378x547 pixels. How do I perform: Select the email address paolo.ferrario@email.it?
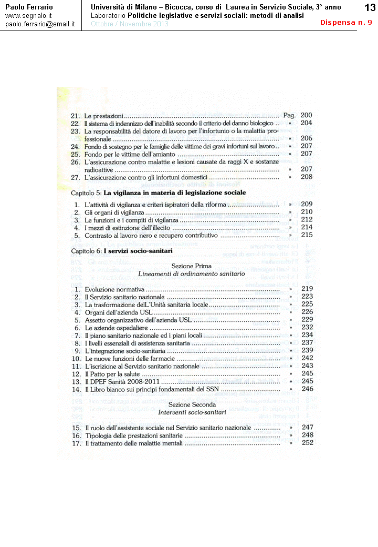pyautogui.click(x=40, y=24)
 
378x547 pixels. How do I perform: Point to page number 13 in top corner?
pyautogui.click(x=369, y=8)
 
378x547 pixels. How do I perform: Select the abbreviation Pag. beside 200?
pyautogui.click(x=289, y=115)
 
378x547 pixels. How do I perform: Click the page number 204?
pyautogui.click(x=307, y=123)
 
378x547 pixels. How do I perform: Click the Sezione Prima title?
pyautogui.click(x=191, y=266)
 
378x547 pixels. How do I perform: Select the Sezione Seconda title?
pyautogui.click(x=192, y=404)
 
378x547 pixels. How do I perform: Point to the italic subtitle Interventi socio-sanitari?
pyautogui.click(x=192, y=413)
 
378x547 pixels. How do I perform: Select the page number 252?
pyautogui.click(x=307, y=443)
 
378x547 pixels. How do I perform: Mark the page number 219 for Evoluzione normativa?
pyautogui.click(x=307, y=289)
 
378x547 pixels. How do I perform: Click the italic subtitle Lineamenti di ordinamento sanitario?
pyautogui.click(x=192, y=274)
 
